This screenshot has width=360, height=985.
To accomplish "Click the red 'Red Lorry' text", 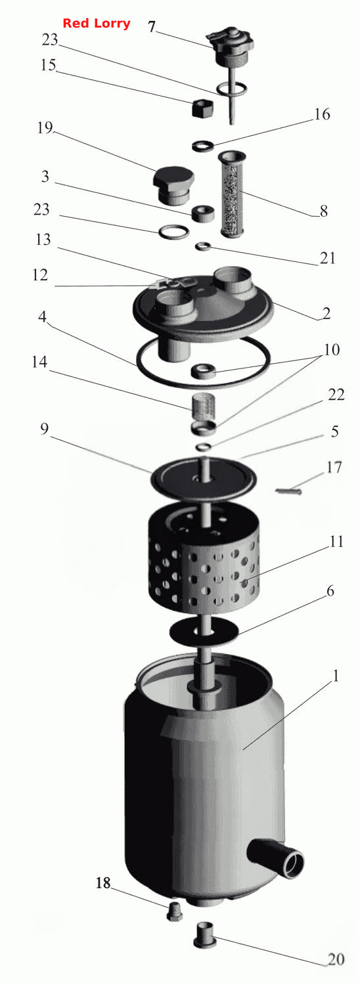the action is pos(97,23).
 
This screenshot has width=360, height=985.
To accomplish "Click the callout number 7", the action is pos(151,28).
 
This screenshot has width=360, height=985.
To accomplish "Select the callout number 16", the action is pos(322,114).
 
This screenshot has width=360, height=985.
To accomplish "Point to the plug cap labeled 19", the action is pos(173,185).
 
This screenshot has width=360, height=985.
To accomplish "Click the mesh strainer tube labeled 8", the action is pos(233,194).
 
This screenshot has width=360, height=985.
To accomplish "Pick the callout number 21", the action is pos(327,257).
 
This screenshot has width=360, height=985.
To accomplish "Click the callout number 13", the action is pos(43,240).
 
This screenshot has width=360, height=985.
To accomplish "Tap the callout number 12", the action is pos(39,275).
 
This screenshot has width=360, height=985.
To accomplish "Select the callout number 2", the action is pos(326,313).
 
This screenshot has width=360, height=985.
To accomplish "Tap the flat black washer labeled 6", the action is pos(204,634).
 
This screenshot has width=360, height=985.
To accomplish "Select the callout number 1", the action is pos(335,676).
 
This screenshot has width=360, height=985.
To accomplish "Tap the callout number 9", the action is pos(44,429).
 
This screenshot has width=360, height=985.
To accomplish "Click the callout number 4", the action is pos(42,317).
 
